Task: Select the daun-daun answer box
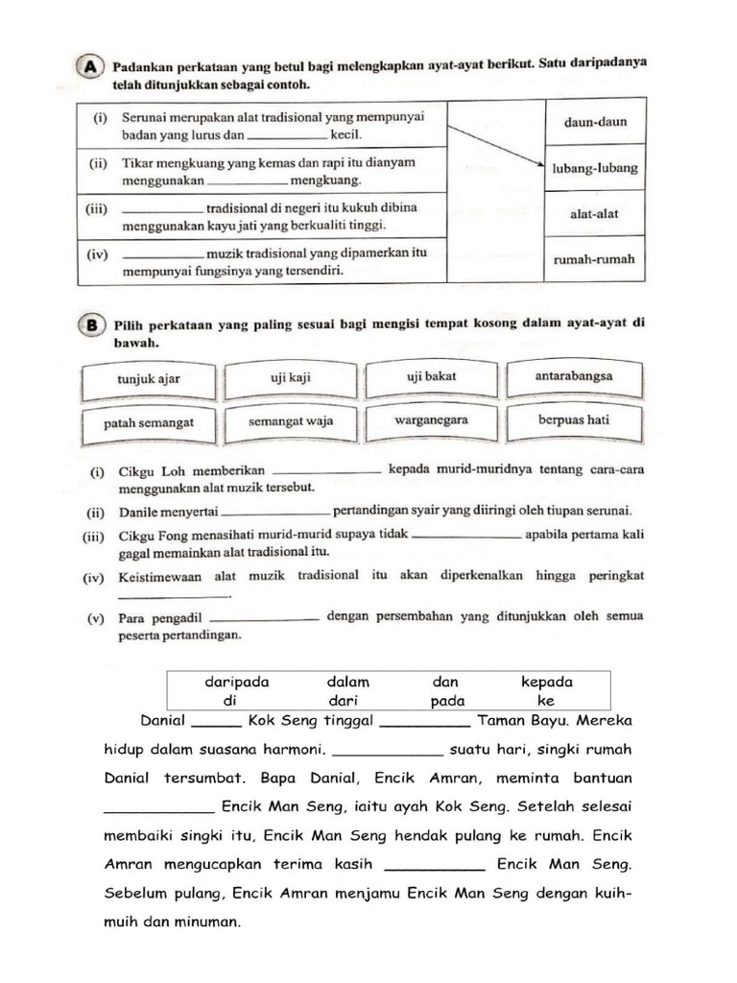coord(595,123)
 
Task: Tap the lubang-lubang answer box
coord(595,169)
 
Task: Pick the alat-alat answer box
coord(595,214)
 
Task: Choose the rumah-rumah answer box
coord(595,260)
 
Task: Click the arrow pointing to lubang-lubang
coord(495,146)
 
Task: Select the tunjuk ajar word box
coord(149,378)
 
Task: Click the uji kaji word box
coord(287,377)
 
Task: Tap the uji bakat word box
coord(431,376)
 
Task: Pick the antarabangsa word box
coord(574,375)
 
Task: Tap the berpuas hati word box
coord(574,420)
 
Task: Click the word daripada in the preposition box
coord(236,683)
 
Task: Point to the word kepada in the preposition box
coord(546,683)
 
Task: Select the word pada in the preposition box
coord(447,701)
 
